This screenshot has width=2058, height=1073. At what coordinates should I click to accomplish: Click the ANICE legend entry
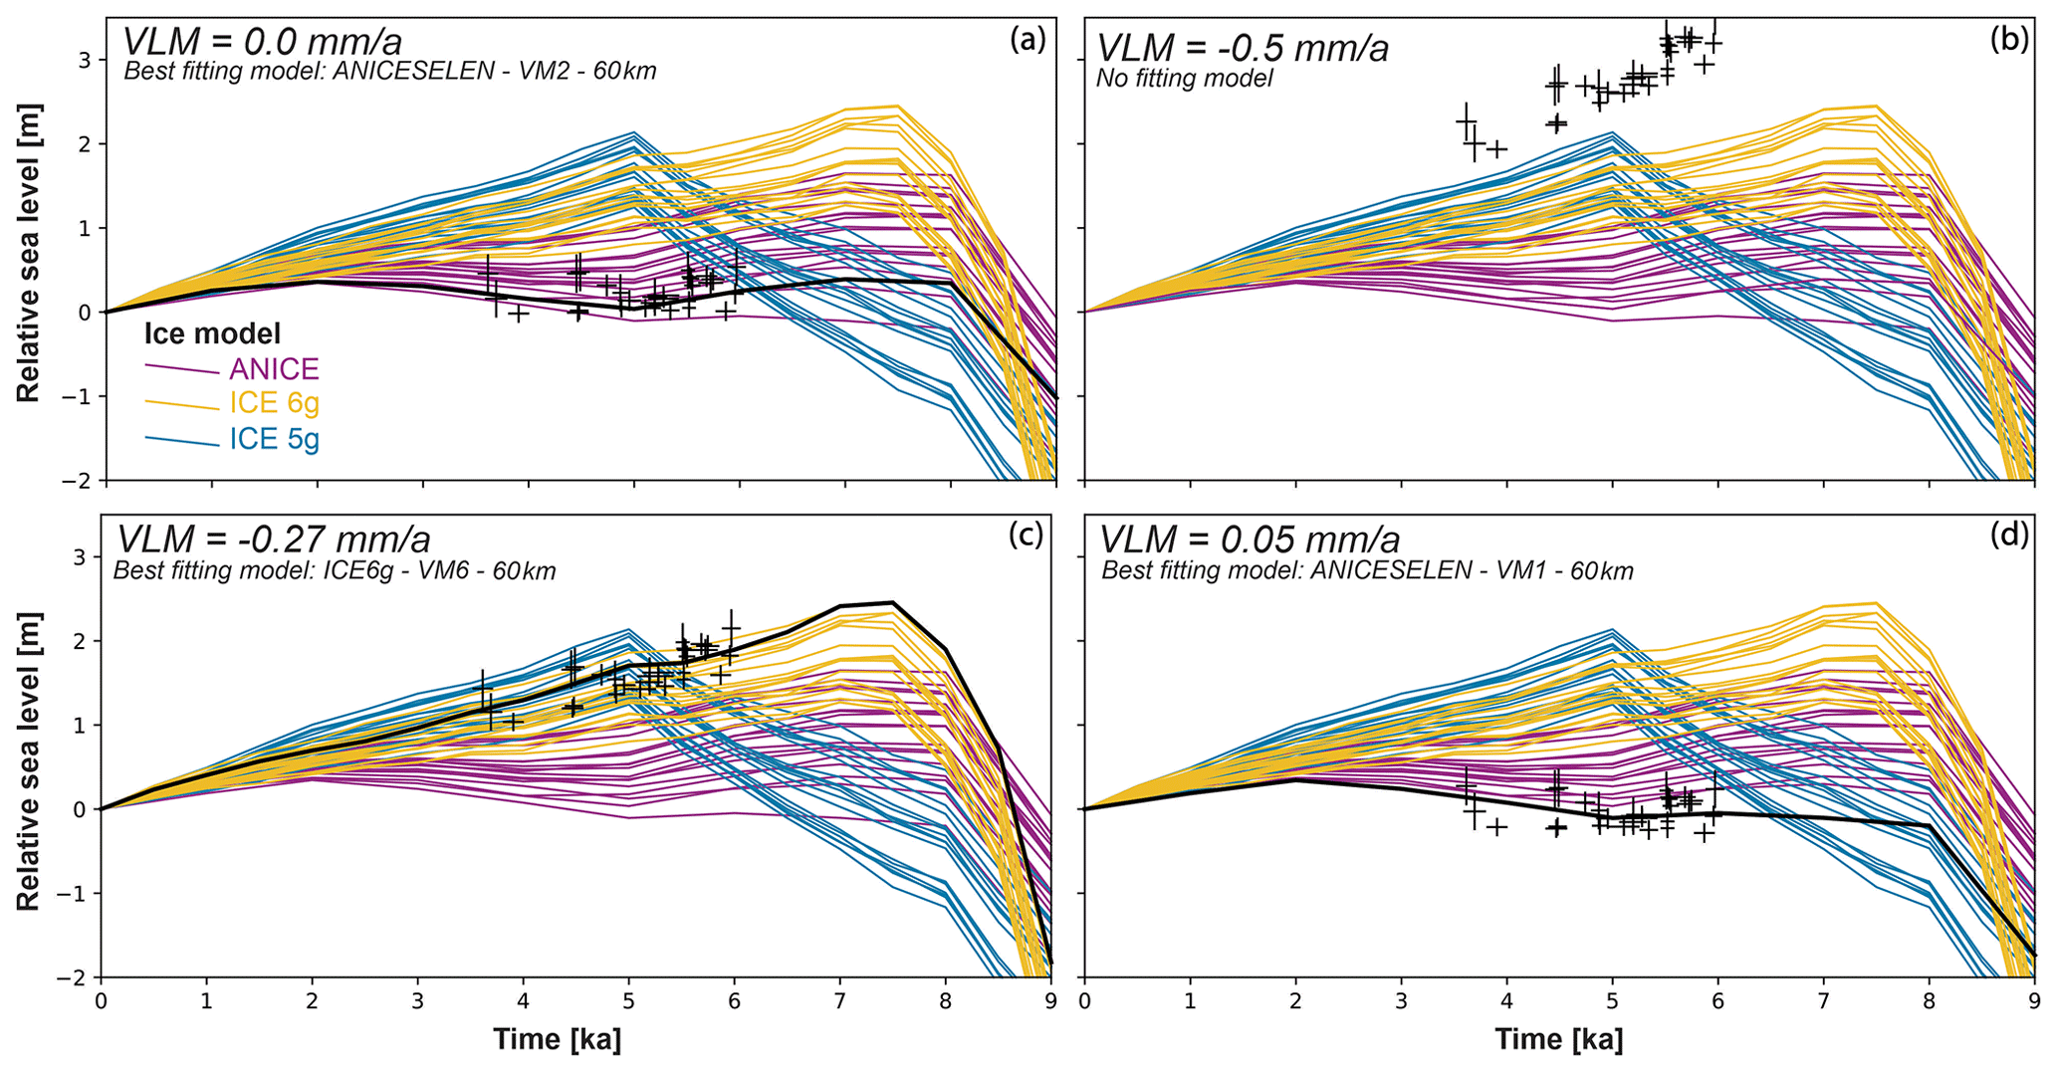click(274, 369)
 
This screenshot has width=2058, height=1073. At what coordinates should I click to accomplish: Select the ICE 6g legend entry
click(274, 403)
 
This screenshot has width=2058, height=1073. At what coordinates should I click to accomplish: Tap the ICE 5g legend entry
click(274, 438)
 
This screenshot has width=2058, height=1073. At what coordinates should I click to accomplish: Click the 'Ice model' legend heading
click(212, 333)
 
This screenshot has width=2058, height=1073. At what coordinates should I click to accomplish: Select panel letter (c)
click(1026, 535)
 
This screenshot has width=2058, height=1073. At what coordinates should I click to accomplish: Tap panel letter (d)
click(2009, 535)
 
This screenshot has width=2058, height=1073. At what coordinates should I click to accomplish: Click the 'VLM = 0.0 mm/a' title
click(262, 42)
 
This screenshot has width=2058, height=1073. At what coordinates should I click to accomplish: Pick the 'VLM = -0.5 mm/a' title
click(1243, 48)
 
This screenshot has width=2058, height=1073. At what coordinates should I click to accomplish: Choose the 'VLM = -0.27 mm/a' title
click(274, 538)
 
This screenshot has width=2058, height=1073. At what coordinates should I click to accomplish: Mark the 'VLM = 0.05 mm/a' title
click(1250, 538)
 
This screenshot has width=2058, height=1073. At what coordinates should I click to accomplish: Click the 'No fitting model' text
click(1185, 78)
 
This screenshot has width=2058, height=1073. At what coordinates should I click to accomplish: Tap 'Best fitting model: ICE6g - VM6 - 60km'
click(335, 571)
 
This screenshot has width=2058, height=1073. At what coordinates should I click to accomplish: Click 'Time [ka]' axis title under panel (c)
click(558, 1040)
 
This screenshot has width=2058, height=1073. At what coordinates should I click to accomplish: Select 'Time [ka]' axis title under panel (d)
click(1558, 1040)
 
